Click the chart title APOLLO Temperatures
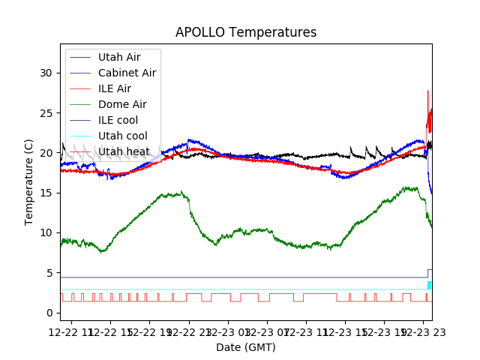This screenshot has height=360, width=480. pyautogui.click(x=246, y=32)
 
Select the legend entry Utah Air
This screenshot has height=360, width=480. pyautogui.click(x=118, y=57)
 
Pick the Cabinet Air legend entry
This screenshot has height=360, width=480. pyautogui.click(x=127, y=73)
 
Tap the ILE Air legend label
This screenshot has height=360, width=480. pyautogui.click(x=114, y=88)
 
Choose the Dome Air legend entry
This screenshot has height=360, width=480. pyautogui.click(x=122, y=104)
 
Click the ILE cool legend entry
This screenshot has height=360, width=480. pyautogui.click(x=118, y=120)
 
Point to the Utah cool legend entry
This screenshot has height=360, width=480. pyautogui.click(x=122, y=136)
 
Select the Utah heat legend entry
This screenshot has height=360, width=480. pyautogui.click(x=124, y=151)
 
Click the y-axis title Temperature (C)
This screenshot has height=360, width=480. pyautogui.click(x=29, y=181)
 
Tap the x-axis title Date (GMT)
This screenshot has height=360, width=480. pyautogui.click(x=246, y=347)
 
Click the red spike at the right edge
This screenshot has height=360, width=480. pyautogui.click(x=428, y=97)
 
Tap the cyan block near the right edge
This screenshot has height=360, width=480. pyautogui.click(x=429, y=285)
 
